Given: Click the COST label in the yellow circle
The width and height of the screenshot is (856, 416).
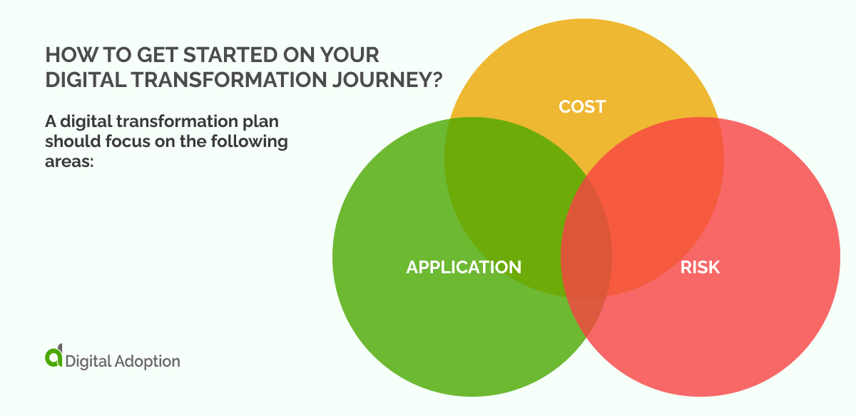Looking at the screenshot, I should tap(582, 107).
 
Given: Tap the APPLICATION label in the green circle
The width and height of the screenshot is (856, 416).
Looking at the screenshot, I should tap(464, 268).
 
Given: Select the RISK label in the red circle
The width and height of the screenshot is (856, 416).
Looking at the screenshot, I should tap(700, 268).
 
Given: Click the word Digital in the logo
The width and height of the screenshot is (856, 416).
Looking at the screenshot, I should tap(88, 361).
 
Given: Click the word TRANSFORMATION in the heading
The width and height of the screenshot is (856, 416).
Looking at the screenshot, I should tap(214, 79).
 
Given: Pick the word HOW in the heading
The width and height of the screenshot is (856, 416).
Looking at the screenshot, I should tap(62, 54).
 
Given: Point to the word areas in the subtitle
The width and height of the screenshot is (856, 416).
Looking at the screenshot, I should tap(67, 163).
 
